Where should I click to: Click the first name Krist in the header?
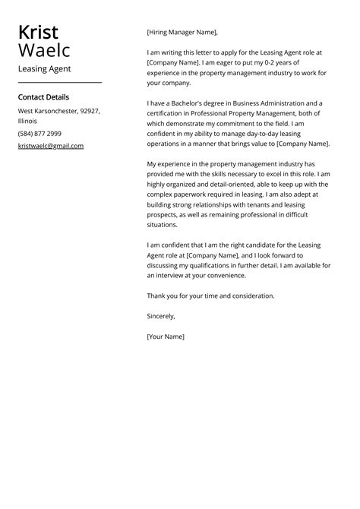[38, 33]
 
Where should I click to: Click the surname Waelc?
[44, 51]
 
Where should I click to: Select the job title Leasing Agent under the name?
[44, 69]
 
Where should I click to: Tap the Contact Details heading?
[43, 97]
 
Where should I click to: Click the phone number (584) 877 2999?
[39, 133]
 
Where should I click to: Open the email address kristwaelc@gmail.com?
[51, 146]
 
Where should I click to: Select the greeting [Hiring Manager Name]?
[182, 33]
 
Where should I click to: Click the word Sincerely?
[160, 316]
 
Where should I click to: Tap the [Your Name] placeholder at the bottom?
[166, 336]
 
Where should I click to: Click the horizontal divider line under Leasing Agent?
[59, 82]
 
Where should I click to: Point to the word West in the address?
[26, 111]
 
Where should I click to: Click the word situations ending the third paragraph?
[162, 225]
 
